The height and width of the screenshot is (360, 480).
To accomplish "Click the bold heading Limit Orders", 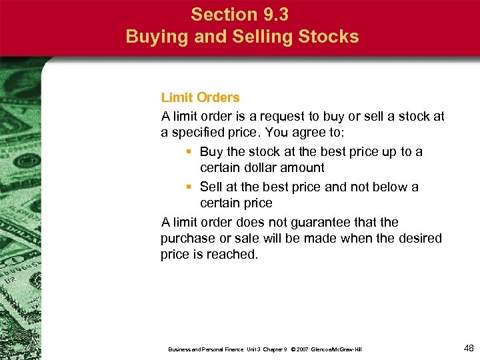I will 201,98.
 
